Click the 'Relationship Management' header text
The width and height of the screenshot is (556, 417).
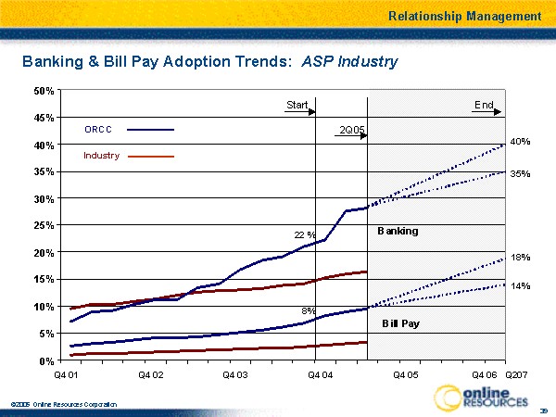pos(464,16)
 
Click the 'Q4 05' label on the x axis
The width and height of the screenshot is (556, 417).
pos(405,373)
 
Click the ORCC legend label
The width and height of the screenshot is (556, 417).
pos(98,130)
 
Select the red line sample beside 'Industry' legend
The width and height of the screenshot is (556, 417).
pos(151,157)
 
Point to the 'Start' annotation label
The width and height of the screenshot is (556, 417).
pos(297,106)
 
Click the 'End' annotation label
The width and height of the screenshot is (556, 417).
pos(484,106)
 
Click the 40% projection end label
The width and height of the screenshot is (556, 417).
pos(520,142)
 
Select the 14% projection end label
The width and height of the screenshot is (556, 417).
pos(520,286)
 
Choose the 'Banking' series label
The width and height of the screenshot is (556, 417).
pos(398,231)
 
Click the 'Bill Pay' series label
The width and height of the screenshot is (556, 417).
pos(402,323)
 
